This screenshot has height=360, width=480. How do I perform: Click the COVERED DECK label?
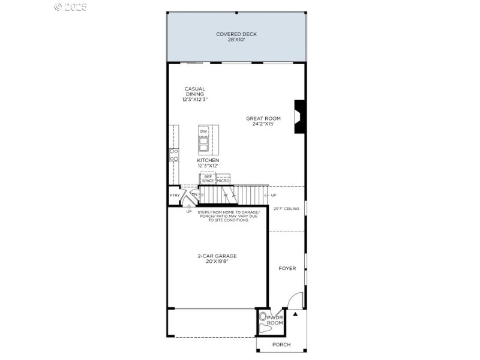(x=236, y=37)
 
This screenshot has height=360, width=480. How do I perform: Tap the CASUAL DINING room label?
(x=194, y=94)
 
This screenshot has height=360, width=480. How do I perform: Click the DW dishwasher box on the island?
(x=203, y=131)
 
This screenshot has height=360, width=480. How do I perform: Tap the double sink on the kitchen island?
(x=203, y=145)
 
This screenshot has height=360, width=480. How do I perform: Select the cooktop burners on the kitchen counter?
(x=173, y=155)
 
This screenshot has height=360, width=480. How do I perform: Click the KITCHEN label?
(x=208, y=163)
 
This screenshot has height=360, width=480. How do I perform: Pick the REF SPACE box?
(x=208, y=178)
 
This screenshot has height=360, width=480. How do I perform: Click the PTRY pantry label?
(x=175, y=196)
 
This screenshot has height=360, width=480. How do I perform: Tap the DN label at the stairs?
(x=194, y=195)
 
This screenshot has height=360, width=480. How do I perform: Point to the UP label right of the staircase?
(x=274, y=196)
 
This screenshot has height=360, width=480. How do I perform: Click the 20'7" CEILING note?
(x=286, y=209)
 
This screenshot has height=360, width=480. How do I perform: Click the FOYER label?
(x=287, y=268)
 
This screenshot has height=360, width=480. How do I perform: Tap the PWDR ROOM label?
(x=275, y=320)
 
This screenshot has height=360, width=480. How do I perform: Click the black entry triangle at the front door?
(x=295, y=313)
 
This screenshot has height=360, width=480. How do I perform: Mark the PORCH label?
(x=281, y=344)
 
